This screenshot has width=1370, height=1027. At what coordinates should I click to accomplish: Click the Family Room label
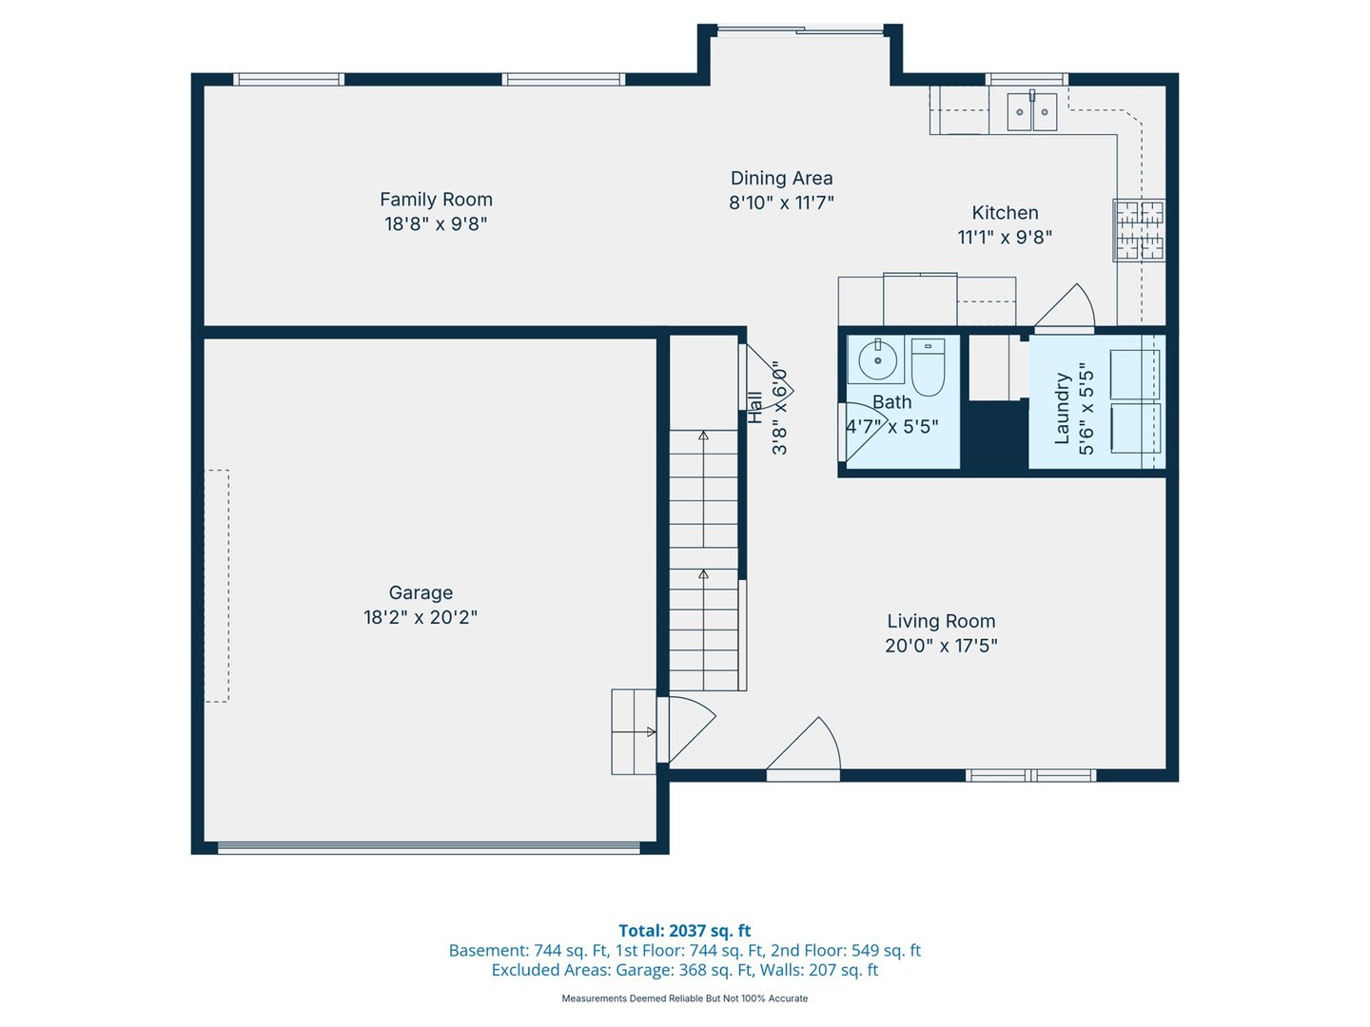[x=436, y=200]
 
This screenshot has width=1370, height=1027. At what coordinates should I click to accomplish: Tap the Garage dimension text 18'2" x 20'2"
[x=421, y=617]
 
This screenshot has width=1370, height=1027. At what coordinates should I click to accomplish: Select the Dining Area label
[x=781, y=178]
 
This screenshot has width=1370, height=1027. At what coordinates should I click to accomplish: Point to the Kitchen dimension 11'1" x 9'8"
[x=1005, y=237]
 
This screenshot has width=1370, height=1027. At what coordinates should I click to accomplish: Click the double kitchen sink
[x=1031, y=112]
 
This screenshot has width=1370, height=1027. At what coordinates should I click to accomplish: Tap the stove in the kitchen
[x=1139, y=229]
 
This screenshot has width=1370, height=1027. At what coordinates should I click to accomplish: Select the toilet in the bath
[x=928, y=367]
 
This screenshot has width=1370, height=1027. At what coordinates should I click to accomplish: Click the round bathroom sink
[x=876, y=359]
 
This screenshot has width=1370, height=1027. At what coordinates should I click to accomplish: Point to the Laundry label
[x=1063, y=408]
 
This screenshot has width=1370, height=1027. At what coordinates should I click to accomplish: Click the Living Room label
[x=941, y=621]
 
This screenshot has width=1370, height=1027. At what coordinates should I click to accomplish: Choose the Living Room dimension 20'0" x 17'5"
[x=941, y=646]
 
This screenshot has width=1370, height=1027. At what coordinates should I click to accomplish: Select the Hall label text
[x=754, y=407]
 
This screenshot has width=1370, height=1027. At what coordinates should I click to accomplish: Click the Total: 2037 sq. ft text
[x=684, y=931]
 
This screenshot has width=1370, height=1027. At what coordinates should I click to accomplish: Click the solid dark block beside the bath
[x=994, y=435]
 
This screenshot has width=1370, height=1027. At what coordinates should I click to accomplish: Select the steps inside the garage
[x=633, y=731]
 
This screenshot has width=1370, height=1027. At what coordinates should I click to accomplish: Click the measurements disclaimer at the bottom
[x=684, y=998]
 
